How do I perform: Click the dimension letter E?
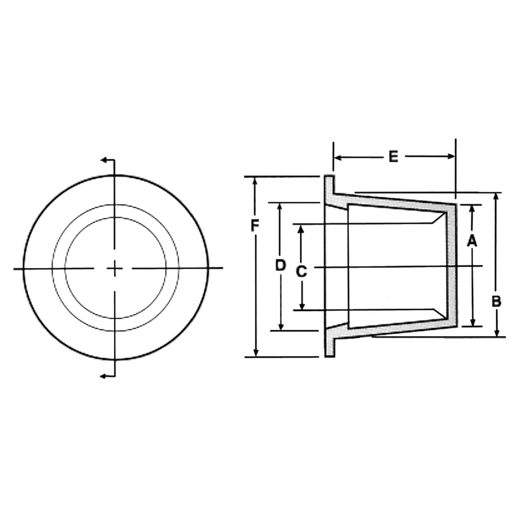pyautogui.click(x=393, y=157)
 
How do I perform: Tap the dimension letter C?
pyautogui.click(x=301, y=271)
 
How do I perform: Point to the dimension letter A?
pyautogui.click(x=471, y=242)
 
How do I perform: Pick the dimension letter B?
pyautogui.click(x=496, y=301)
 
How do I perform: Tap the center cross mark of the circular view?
pyautogui.click(x=114, y=268)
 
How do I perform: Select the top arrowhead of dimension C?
pyautogui.click(x=301, y=229)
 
